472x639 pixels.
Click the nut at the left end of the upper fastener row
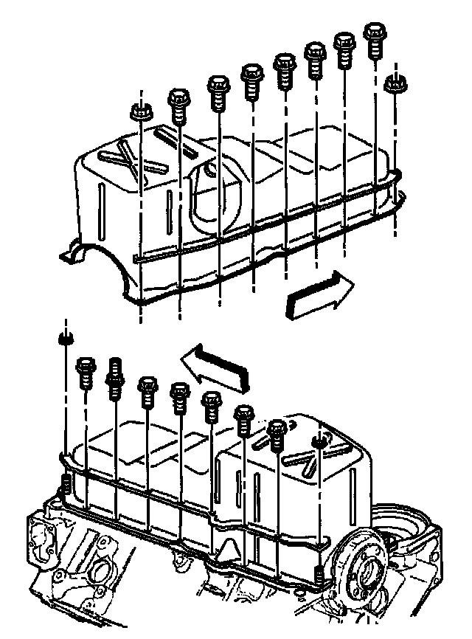point(140,113)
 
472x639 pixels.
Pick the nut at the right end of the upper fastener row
point(395,82)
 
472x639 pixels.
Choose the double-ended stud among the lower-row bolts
point(115,377)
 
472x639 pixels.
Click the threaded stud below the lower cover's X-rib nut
point(319,574)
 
